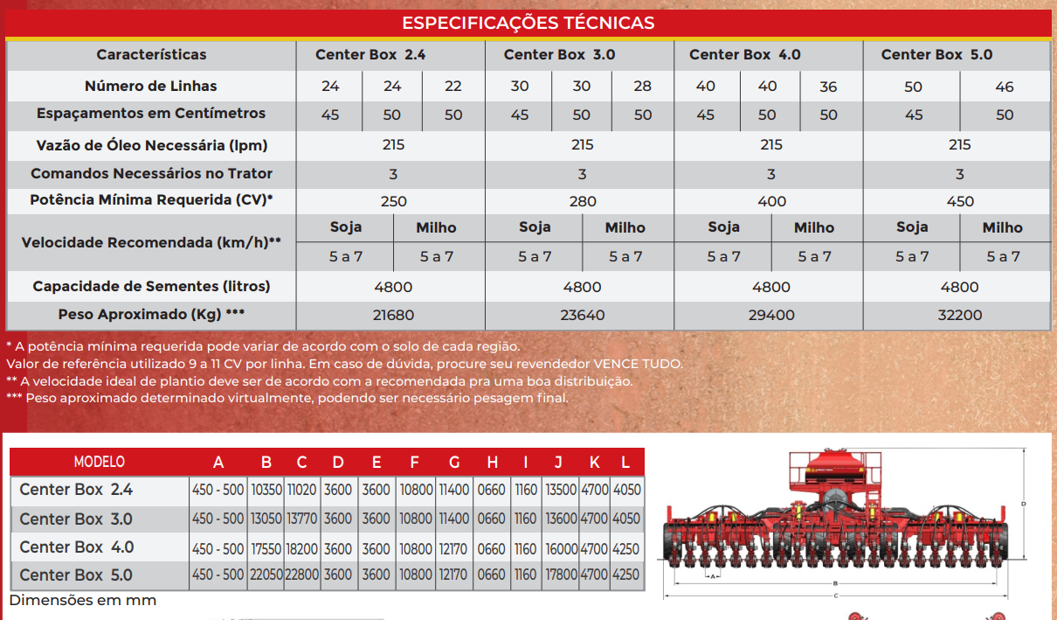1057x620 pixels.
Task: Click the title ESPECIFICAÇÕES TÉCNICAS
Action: [x=528, y=23]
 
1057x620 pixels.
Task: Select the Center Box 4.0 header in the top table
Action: [x=744, y=55]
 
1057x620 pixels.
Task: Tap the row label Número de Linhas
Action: [x=150, y=86]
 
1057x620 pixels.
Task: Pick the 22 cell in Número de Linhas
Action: [x=453, y=86]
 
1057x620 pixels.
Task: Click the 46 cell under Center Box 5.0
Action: [x=1005, y=87]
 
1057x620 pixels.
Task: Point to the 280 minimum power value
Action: [x=583, y=202]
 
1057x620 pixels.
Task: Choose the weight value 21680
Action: [x=393, y=315]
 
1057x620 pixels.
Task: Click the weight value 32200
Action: [x=959, y=315]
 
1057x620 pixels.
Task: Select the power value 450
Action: [x=960, y=202]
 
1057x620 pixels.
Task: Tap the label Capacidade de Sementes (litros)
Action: [x=151, y=286]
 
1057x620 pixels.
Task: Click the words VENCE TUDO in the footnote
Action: [x=638, y=364]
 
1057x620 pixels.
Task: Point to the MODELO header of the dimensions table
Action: [x=99, y=462]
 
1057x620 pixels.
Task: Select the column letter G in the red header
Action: [x=454, y=463]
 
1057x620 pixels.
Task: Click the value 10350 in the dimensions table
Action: [x=266, y=491]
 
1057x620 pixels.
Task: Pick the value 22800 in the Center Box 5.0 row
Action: [x=302, y=575]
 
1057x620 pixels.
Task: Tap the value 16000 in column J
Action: [x=561, y=549]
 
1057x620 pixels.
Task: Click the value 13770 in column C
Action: [x=302, y=519]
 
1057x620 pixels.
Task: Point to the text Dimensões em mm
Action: [x=83, y=600]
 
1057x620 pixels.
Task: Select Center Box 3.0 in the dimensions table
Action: [x=75, y=519]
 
